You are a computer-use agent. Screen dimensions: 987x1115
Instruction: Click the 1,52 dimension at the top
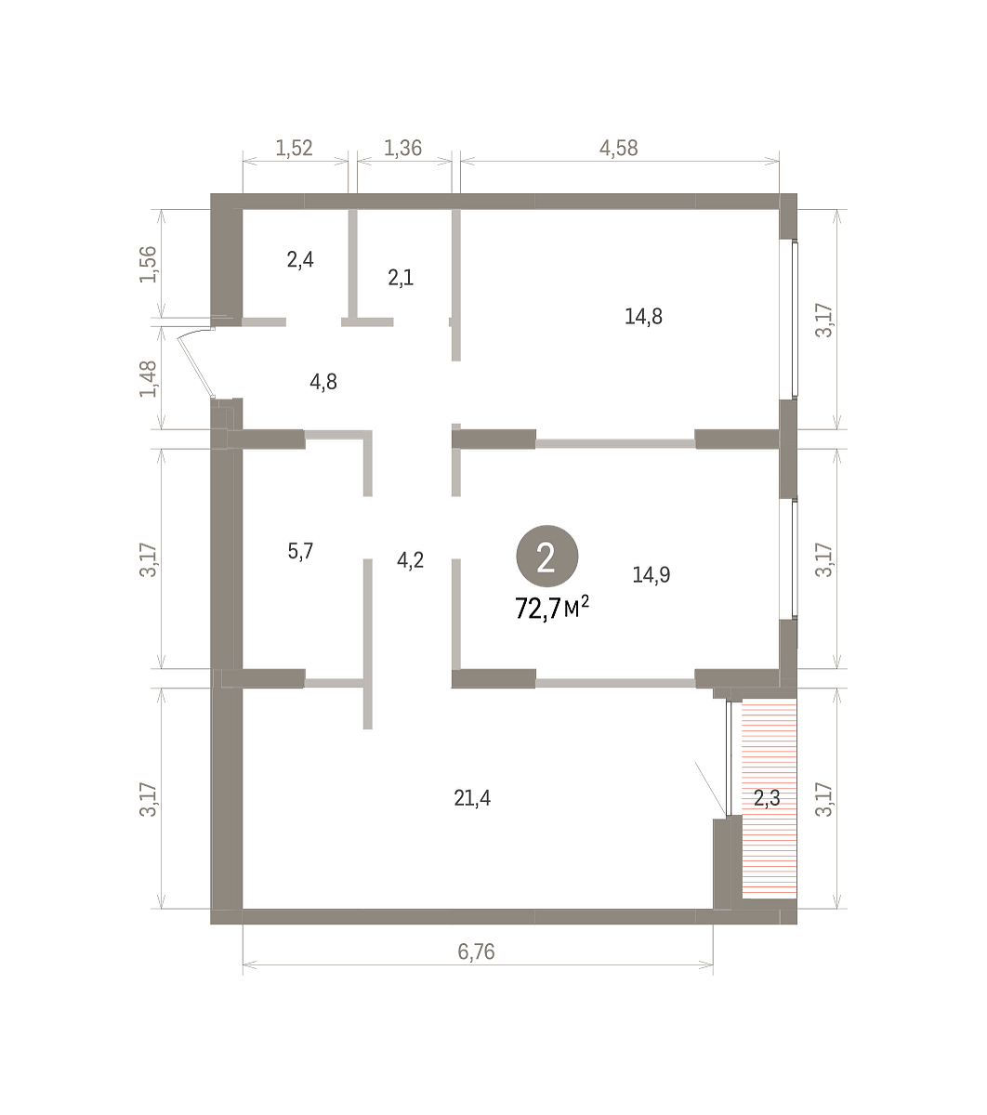(294, 148)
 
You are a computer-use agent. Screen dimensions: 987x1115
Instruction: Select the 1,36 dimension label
(402, 148)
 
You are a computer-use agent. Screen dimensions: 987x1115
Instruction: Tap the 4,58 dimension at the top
(618, 148)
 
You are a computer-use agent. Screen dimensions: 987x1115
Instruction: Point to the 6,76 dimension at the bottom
(476, 951)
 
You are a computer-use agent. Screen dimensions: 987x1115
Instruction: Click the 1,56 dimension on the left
(148, 264)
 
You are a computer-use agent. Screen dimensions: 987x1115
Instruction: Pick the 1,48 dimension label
(148, 379)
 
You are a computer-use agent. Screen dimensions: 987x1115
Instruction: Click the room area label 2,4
(300, 259)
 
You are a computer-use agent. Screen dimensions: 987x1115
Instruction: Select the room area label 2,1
(401, 278)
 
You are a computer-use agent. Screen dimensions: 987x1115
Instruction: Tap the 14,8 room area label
(643, 317)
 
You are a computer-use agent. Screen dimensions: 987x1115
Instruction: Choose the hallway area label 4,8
(323, 381)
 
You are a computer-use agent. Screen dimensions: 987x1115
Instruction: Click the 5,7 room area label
(300, 551)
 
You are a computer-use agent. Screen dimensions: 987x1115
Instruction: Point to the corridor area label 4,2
(410, 560)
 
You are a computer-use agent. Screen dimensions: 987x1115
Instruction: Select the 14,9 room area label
(651, 574)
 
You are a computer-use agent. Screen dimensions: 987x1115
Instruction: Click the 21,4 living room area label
(472, 797)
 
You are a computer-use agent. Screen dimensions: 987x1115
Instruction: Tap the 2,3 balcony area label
(767, 797)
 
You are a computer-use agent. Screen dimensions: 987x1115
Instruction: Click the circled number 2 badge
(546, 556)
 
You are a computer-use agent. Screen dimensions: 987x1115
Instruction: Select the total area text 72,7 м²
(552, 608)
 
